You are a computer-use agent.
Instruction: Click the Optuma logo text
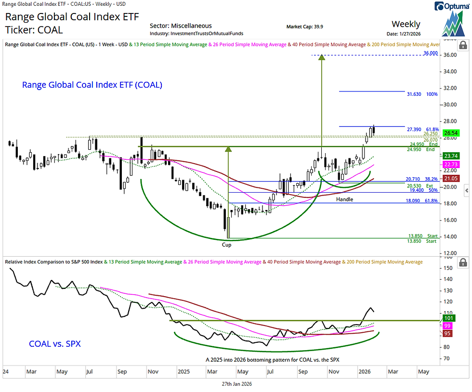click(x=451, y=6)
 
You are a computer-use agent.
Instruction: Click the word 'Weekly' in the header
click(x=406, y=24)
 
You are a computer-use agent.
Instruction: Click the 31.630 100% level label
click(x=422, y=94)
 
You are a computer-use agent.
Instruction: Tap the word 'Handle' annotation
click(x=344, y=199)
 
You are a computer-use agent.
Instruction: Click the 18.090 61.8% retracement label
click(x=421, y=200)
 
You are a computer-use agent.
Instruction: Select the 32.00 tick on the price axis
click(x=450, y=88)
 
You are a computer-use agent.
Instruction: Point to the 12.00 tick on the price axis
click(x=450, y=253)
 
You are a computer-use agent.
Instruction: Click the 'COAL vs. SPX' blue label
click(x=55, y=344)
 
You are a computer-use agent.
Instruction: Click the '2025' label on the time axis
click(x=184, y=372)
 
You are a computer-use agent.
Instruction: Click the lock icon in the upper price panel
click(x=463, y=46)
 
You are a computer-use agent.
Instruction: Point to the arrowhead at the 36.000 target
click(x=322, y=57)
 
